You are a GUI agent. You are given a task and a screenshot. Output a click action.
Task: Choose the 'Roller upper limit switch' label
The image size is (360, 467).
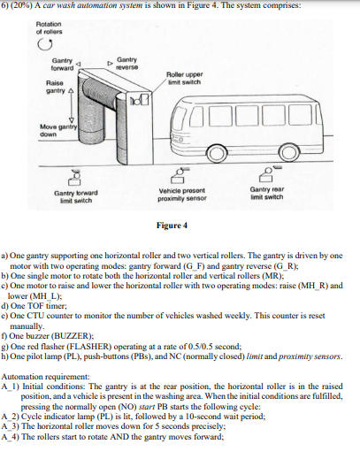(184, 79)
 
